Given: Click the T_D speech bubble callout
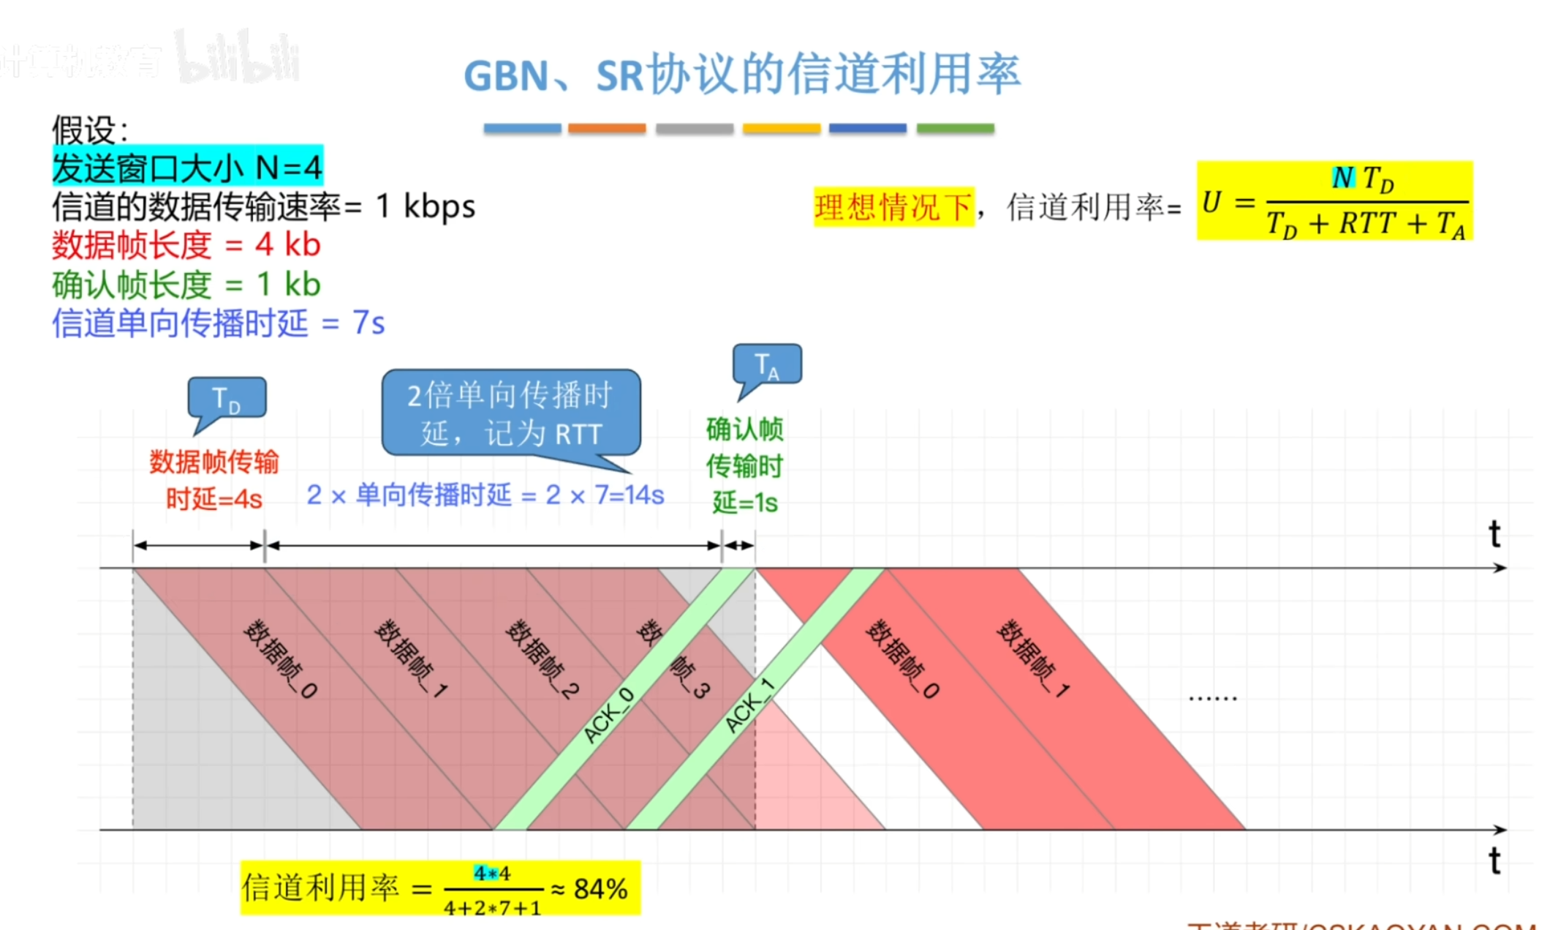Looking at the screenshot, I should tap(227, 399).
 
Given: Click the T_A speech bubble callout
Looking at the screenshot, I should tap(767, 364).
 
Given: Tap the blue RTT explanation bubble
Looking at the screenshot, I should tap(510, 413).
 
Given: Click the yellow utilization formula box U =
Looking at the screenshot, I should tap(1334, 200).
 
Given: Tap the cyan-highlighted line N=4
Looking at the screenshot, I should tap(187, 168).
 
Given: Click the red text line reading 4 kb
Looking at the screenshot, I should tap(186, 245).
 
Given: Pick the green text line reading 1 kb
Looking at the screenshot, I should tap(186, 285).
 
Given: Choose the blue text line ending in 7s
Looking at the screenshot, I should tap(218, 323).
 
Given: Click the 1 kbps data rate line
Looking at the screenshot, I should tap(263, 206).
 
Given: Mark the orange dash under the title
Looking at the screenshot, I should tap(606, 129).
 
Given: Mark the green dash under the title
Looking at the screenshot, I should tap(955, 129).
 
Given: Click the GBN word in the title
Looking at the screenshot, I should tap(505, 76).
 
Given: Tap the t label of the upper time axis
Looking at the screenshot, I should tap(1494, 535).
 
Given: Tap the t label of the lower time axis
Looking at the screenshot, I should tap(1494, 861).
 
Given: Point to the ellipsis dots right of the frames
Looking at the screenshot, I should tap(1212, 698).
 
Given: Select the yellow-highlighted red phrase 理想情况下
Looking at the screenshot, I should tap(893, 207).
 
